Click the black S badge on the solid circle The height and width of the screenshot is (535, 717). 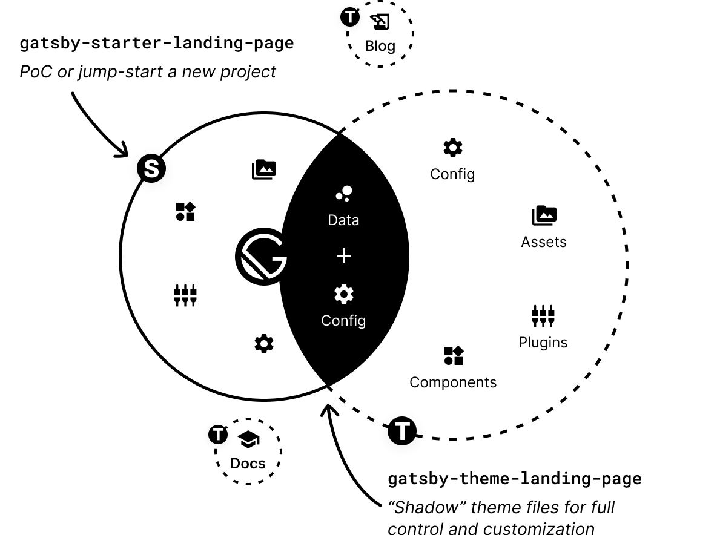click(x=151, y=168)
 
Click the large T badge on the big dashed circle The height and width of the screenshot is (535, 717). click(x=403, y=432)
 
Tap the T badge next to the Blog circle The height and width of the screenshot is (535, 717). click(x=350, y=17)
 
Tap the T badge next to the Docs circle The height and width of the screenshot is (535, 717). click(x=218, y=434)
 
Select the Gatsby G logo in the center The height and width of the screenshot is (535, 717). click(x=261, y=257)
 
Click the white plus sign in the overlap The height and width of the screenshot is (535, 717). click(x=343, y=256)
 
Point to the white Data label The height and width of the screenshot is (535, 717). click(x=343, y=220)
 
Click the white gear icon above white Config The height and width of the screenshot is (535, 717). click(x=343, y=295)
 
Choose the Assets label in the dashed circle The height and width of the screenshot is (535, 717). click(x=544, y=242)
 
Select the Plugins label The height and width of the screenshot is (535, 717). click(x=543, y=343)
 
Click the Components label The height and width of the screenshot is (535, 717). click(x=453, y=382)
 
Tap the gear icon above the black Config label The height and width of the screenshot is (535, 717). click(x=452, y=148)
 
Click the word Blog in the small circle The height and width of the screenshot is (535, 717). click(x=380, y=46)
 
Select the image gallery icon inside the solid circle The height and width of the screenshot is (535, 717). click(x=264, y=169)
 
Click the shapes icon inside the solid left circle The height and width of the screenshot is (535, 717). click(x=185, y=212)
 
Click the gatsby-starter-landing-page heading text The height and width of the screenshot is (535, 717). click(x=157, y=44)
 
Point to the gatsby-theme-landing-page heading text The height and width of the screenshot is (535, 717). click(x=514, y=479)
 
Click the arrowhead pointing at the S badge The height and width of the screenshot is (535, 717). click(x=124, y=151)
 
